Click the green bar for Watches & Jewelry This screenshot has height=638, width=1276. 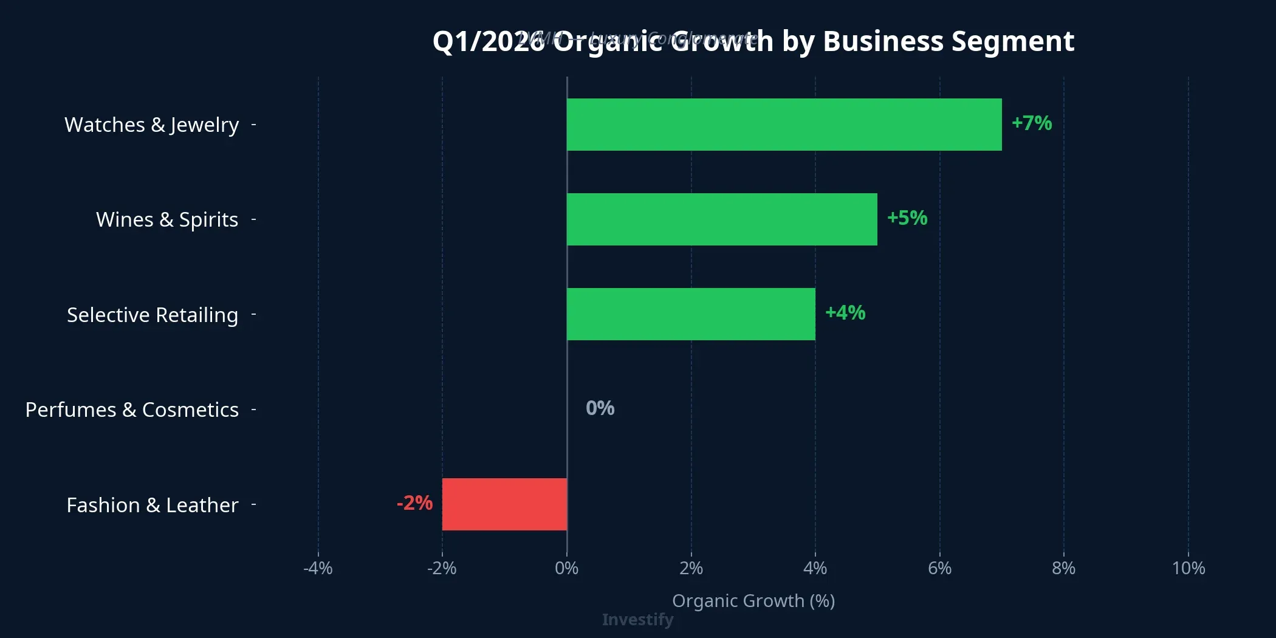coord(784,125)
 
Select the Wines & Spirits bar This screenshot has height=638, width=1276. coord(722,219)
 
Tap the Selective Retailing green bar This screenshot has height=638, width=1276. coord(691,314)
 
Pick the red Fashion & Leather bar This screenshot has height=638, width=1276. coord(504,504)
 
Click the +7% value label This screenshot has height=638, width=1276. coord(1031,123)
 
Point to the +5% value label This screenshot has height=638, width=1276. coord(907,218)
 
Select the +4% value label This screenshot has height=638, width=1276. coord(845,313)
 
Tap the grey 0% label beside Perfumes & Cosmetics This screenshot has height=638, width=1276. coord(600,408)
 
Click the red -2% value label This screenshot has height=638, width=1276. coord(414,503)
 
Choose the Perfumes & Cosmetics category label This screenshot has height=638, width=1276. coord(132,410)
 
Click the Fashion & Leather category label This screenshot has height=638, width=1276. coord(152,505)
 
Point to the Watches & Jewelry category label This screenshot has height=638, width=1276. coord(151,125)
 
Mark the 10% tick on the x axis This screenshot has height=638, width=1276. coord(1188,569)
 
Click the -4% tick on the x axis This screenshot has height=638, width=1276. coord(318,569)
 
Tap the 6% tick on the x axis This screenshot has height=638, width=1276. coord(939,569)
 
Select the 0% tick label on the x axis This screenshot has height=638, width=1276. coord(566,569)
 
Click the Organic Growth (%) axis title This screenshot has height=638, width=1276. coord(753,601)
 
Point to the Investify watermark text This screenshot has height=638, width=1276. coord(637,620)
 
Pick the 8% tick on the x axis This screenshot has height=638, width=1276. coord(1063,569)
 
